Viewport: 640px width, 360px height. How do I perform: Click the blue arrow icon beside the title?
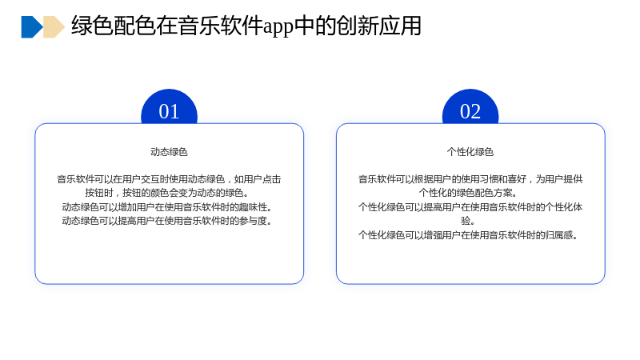[32, 27]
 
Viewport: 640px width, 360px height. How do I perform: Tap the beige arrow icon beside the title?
[54, 27]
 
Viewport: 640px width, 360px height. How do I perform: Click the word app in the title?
[278, 26]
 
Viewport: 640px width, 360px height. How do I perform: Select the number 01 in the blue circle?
[169, 111]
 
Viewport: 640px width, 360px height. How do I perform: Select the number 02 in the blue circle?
[470, 111]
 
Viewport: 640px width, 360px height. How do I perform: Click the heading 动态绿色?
[169, 152]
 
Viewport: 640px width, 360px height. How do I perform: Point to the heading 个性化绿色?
[470, 152]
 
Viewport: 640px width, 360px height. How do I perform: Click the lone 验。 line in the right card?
[468, 221]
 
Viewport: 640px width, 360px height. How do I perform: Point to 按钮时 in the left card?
[98, 193]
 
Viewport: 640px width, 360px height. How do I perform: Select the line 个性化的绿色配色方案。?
[468, 193]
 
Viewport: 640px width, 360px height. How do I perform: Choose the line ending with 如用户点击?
[169, 178]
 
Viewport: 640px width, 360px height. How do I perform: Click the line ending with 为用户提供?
[470, 178]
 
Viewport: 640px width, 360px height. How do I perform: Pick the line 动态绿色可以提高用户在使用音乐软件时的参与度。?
[167, 221]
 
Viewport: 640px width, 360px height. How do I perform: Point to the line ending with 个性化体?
[470, 207]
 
